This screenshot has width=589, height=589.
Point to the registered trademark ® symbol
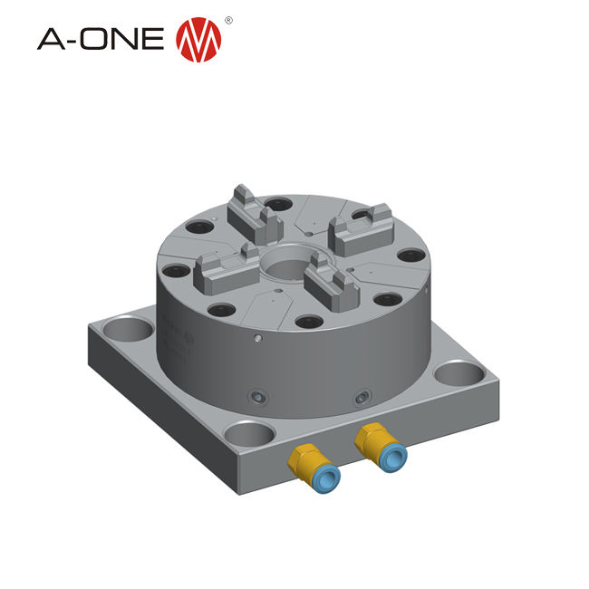pyautogui.click(x=228, y=19)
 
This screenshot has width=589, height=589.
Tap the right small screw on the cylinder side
pyautogui.click(x=362, y=395)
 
